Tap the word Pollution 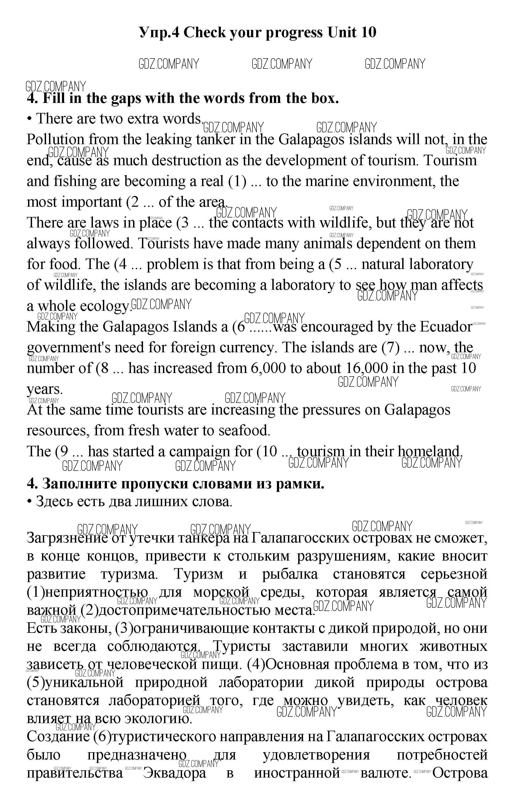pyautogui.click(x=55, y=139)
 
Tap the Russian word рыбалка pyautogui.click(x=290, y=574)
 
